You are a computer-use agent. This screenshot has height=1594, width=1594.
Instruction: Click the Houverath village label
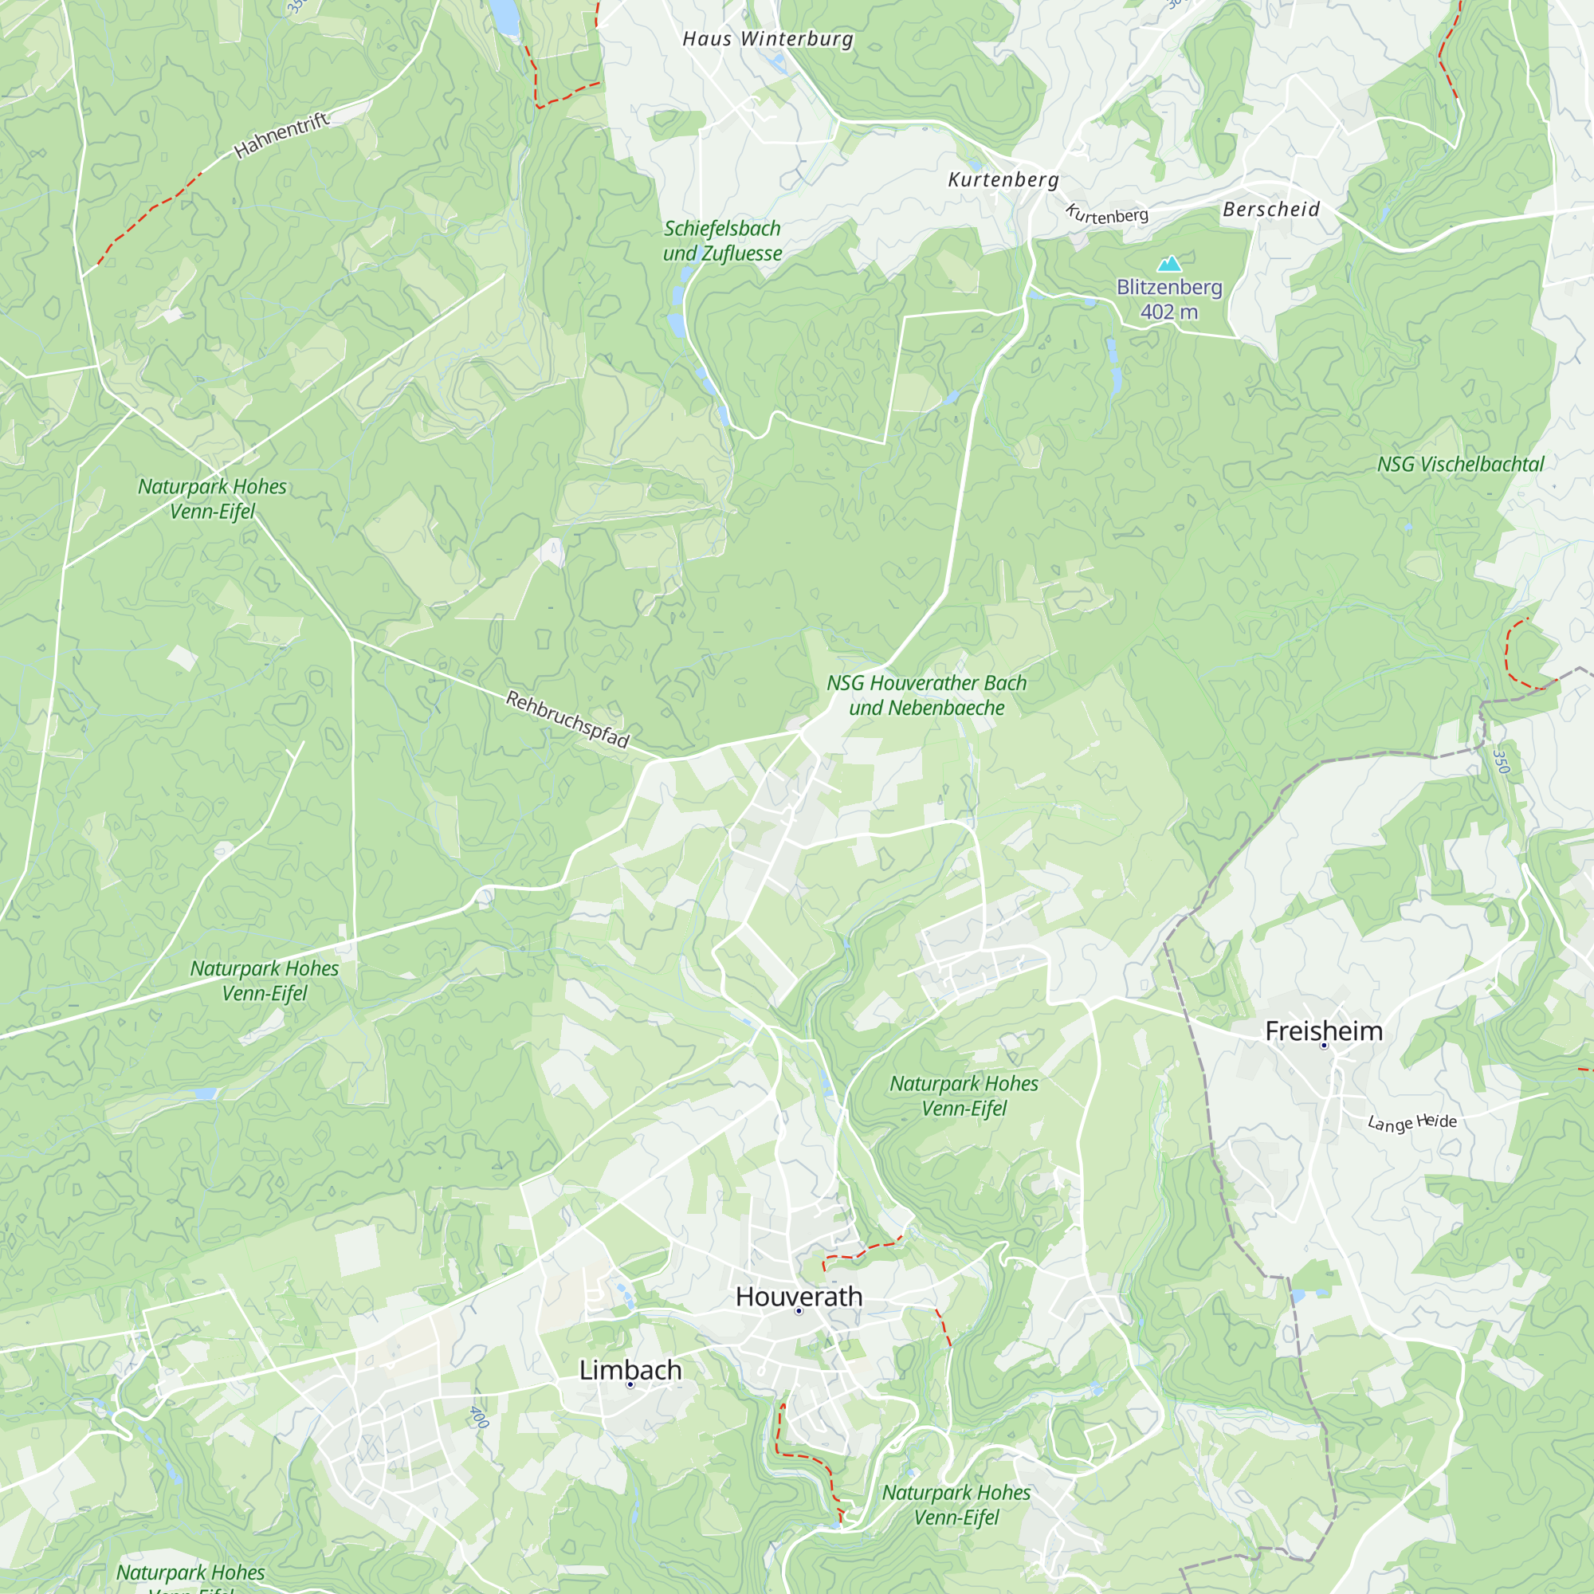799,1296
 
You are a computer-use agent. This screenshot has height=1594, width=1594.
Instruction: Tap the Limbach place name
630,1369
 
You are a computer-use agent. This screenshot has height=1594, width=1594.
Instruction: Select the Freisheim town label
1323,1031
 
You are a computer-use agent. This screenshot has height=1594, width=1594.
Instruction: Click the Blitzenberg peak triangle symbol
1169,264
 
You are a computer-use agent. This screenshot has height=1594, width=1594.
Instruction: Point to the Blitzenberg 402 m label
1169,300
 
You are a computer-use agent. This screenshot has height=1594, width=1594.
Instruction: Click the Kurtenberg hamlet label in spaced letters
1003,180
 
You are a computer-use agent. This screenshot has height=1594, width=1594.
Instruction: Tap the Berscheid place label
1270,210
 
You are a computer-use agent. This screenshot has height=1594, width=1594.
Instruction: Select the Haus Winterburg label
768,39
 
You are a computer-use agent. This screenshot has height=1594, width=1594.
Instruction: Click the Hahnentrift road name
282,135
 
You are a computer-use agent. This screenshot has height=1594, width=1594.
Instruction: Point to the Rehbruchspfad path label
567,719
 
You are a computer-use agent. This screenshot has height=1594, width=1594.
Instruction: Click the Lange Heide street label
1411,1123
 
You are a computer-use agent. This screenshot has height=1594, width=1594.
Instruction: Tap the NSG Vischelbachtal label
1459,465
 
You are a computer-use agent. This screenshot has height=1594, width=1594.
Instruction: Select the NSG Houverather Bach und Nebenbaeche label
927,696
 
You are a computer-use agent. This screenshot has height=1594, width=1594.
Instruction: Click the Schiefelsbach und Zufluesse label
722,241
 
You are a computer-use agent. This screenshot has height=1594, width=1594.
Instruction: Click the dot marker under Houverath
799,1311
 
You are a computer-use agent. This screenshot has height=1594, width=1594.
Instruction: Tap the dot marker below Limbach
630,1384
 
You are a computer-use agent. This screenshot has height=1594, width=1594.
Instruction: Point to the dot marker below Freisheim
1324,1046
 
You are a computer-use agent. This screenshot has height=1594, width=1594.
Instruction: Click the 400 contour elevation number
479,1417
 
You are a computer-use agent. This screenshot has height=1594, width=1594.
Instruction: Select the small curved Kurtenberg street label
1106,214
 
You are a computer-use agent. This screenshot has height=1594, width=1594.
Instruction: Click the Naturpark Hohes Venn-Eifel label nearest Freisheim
964,1096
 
